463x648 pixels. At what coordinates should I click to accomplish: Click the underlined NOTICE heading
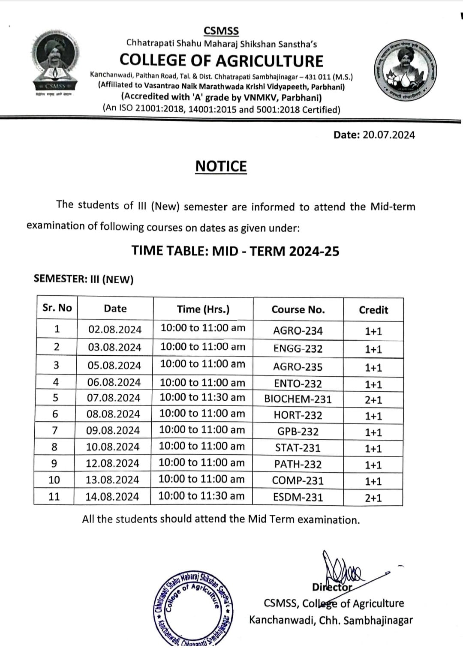coord(221,166)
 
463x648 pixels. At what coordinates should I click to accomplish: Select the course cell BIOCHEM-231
coord(298,399)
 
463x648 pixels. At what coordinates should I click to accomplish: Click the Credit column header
coord(373,310)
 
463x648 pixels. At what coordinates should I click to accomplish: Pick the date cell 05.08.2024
coord(114,366)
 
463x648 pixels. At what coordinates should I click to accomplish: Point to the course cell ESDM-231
coord(298,497)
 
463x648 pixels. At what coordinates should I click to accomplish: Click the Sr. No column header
coord(57,308)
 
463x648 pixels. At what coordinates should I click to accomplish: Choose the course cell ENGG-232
coord(298,349)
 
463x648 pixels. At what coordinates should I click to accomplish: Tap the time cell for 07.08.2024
coord(202,397)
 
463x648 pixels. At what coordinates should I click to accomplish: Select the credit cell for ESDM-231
coord(373,498)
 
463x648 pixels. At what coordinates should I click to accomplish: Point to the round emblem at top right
coord(404,69)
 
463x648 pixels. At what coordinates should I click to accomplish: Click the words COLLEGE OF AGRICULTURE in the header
coord(221,61)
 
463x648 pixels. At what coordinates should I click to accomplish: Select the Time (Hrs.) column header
coord(203,309)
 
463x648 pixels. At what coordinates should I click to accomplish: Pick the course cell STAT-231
coord(298,448)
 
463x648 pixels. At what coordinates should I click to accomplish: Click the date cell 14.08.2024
coord(112,497)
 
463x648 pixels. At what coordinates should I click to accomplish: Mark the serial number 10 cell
coord(54,480)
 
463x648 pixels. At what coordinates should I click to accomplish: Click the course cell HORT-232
coord(298,415)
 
